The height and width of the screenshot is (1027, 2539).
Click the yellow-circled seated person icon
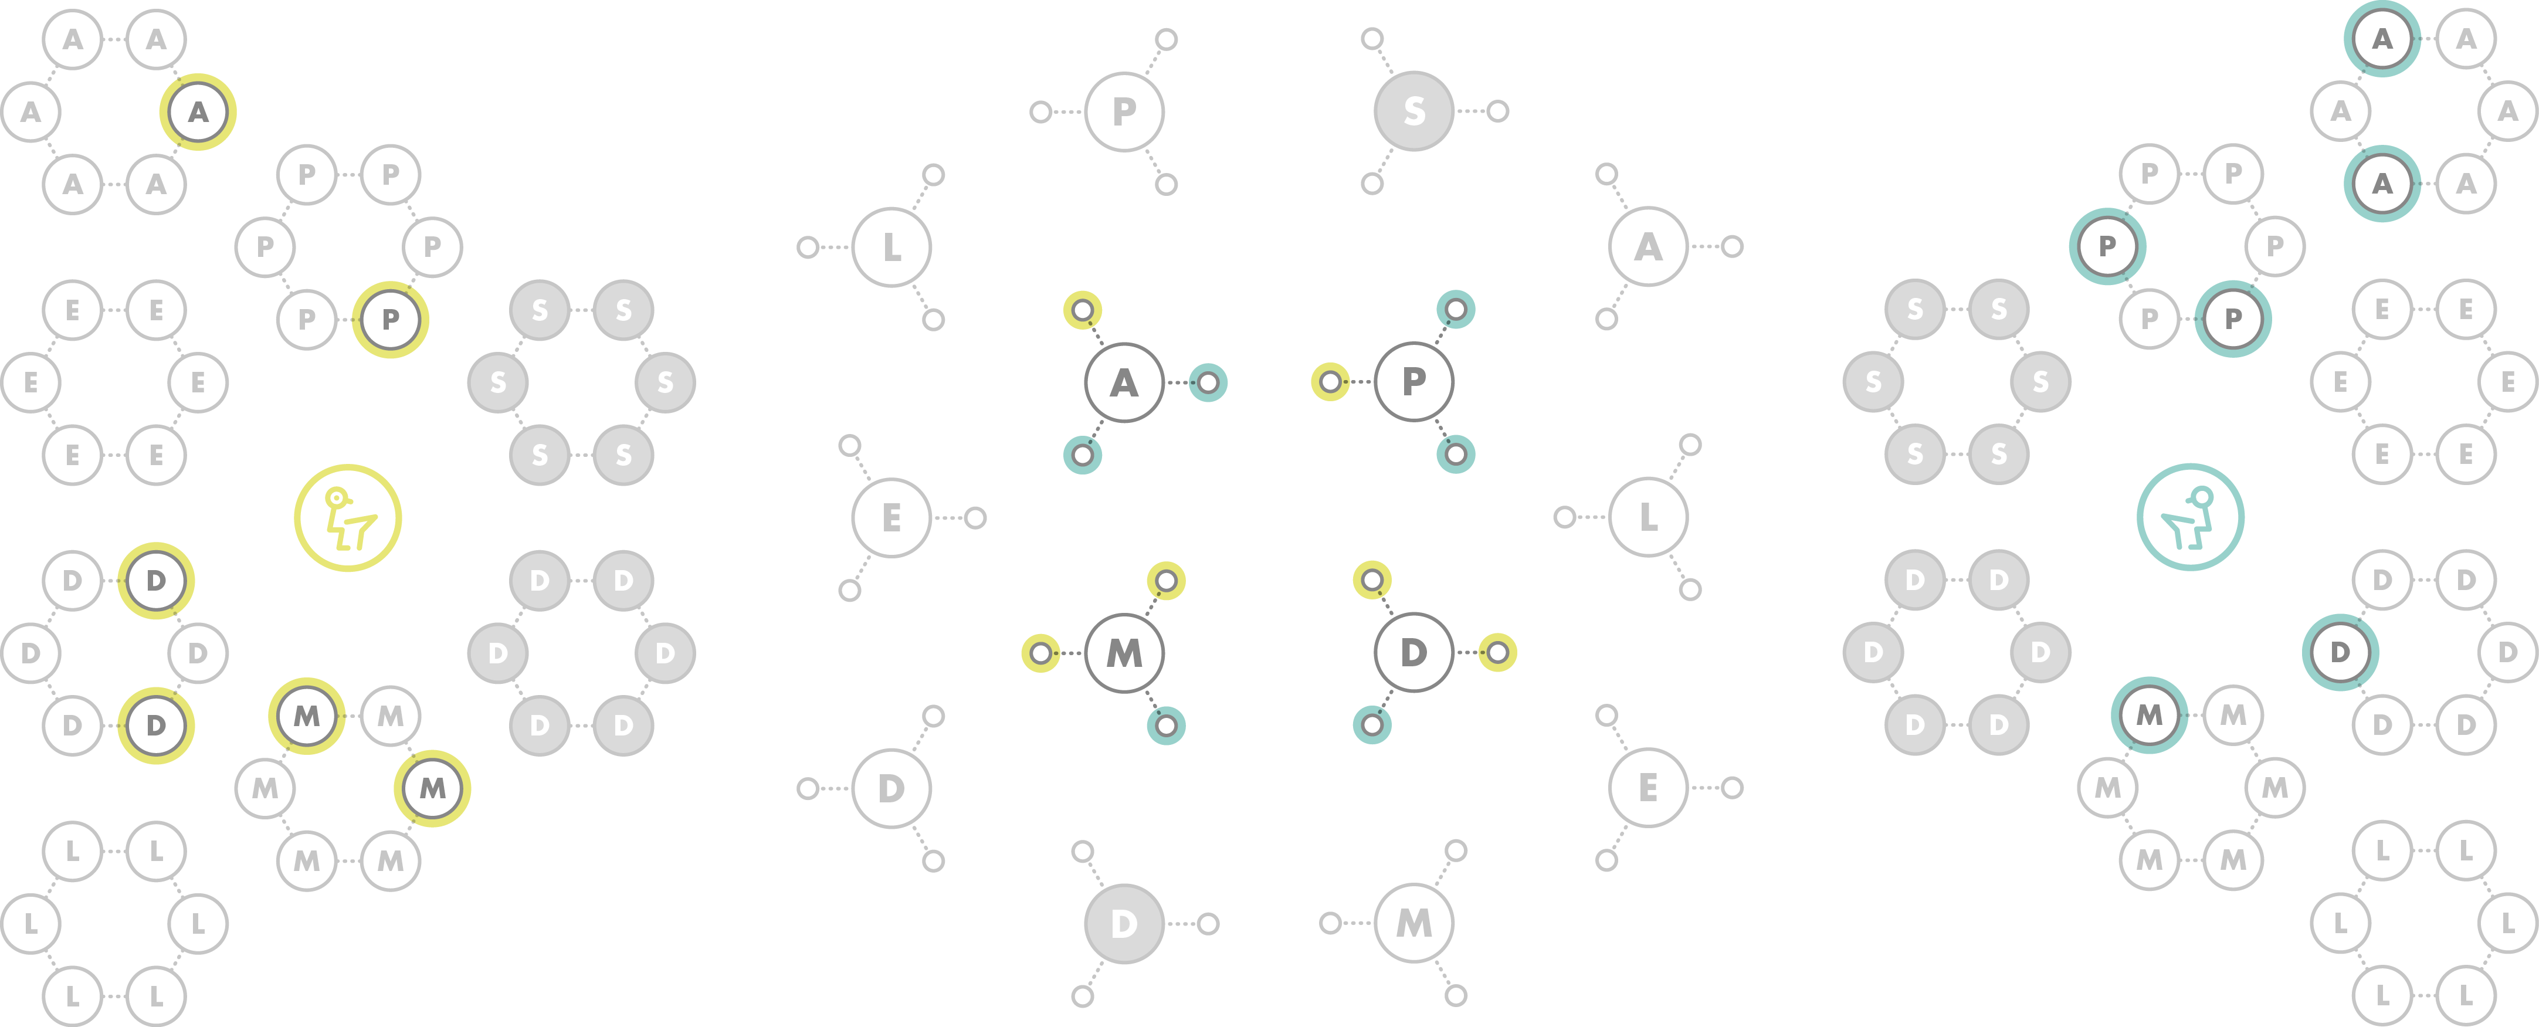tap(347, 517)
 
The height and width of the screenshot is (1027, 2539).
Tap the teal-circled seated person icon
tap(2190, 517)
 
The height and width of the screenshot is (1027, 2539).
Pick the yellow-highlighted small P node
tap(390, 319)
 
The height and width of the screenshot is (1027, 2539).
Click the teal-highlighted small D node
tap(2340, 652)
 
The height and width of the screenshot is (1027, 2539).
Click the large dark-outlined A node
tap(1124, 382)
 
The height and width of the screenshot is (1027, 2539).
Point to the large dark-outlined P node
tap(1413, 381)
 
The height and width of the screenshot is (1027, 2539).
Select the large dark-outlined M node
tap(1124, 652)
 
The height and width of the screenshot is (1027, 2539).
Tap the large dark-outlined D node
tap(1413, 652)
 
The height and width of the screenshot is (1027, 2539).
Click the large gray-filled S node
tap(1413, 111)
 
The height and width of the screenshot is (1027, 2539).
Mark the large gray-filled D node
tap(1124, 924)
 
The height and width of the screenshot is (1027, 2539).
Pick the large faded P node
tap(1124, 111)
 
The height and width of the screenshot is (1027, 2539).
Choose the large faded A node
tap(1648, 246)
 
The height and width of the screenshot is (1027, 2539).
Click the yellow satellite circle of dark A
tap(1082, 310)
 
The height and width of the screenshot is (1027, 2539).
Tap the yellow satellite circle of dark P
tap(1330, 381)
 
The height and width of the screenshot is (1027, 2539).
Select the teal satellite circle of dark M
tap(1166, 726)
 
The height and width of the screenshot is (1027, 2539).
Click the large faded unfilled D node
tap(891, 788)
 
